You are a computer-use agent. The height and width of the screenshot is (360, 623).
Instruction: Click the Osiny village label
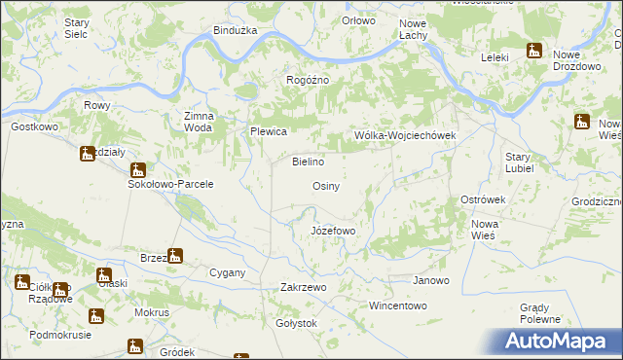click(325, 186)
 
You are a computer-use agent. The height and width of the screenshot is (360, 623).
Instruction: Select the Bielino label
click(308, 162)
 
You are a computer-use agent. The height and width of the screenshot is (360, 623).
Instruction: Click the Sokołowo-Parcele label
click(170, 184)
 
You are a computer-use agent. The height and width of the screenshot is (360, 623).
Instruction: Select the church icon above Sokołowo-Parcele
click(138, 169)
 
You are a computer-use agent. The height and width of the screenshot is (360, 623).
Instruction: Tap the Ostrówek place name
click(483, 199)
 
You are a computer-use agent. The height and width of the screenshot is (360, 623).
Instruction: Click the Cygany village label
click(228, 273)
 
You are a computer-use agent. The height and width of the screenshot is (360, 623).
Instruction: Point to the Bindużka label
click(236, 30)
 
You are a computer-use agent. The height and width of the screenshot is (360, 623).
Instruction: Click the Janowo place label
click(430, 281)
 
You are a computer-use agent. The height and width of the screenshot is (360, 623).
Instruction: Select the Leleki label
click(495, 57)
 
